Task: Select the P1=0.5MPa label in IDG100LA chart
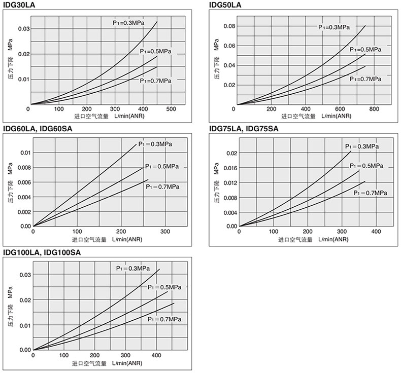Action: pyautogui.click(x=164, y=287)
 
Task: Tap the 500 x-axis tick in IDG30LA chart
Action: pyautogui.click(x=171, y=109)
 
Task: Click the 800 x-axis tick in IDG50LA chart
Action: pyautogui.click(x=374, y=109)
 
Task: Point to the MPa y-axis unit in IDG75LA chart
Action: pyautogui.click(x=216, y=169)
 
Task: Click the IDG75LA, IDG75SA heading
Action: pyautogui.click(x=244, y=128)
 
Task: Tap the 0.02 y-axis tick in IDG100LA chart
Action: pyautogui.click(x=24, y=300)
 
